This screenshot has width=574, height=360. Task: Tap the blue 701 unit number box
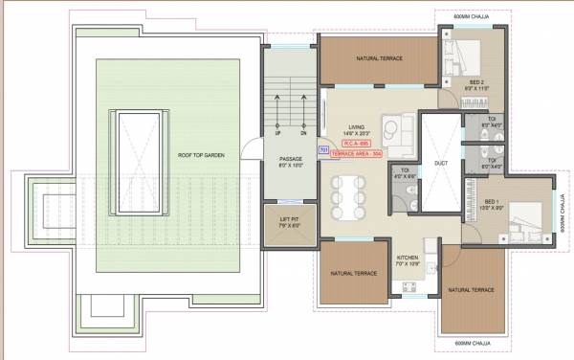(x=323, y=150)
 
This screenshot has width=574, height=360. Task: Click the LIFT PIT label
(x=289, y=223)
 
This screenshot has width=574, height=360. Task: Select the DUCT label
(x=440, y=163)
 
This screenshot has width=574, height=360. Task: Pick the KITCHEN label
(x=408, y=258)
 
